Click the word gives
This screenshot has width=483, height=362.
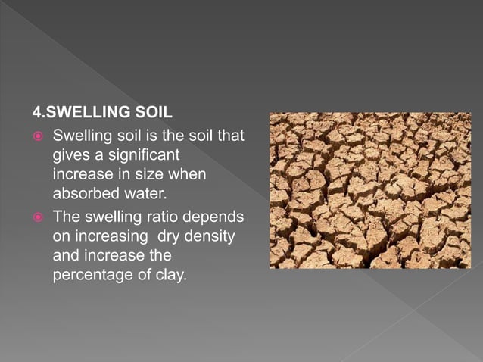point(70,155)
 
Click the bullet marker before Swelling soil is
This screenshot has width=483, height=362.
point(38,137)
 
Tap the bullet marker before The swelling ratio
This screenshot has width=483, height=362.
point(38,218)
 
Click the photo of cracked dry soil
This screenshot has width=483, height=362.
point(369,190)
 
